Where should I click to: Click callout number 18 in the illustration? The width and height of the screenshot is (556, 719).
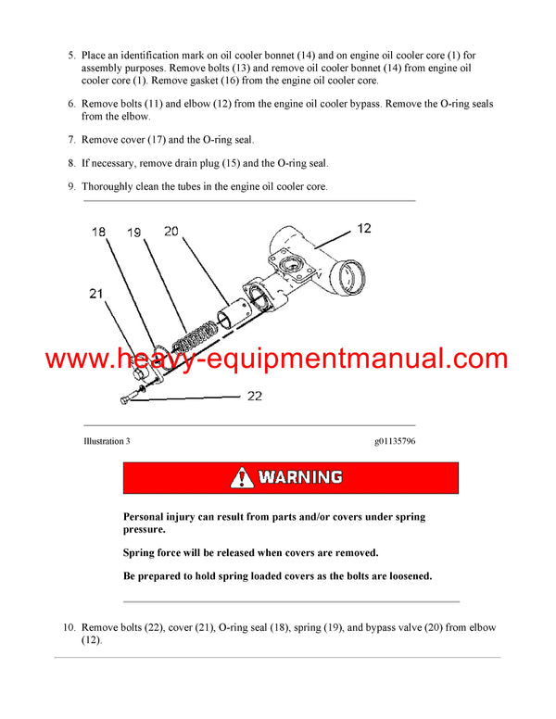[98, 233]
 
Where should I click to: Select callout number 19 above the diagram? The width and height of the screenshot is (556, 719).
[134, 233]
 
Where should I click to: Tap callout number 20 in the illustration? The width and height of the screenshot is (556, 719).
[170, 231]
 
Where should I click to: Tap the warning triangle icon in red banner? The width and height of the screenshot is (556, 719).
[242, 478]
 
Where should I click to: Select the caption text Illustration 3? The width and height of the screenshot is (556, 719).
[107, 442]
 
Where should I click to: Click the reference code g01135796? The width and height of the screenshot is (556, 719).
[389, 442]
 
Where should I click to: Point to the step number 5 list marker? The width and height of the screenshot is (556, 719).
[71, 56]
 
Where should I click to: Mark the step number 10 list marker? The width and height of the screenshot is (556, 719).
[69, 628]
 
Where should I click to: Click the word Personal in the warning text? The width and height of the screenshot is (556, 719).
[146, 517]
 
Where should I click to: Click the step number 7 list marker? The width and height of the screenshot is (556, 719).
[71, 140]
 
